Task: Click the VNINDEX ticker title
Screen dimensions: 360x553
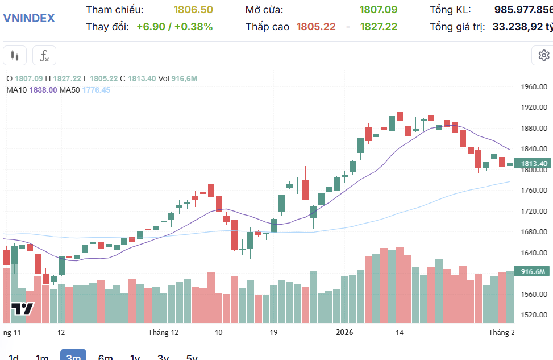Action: point(30,18)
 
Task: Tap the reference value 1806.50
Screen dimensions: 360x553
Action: point(193,10)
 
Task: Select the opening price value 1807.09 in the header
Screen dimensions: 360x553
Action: point(379,10)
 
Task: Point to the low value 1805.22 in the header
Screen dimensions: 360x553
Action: point(316,27)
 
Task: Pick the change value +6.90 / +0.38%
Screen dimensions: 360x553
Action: point(174,27)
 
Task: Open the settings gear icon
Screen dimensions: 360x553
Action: point(543,55)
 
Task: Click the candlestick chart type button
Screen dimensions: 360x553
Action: point(15,56)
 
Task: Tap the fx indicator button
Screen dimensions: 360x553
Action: point(44,56)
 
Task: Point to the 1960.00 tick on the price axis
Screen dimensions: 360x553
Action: point(534,87)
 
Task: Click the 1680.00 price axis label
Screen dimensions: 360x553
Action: point(534,232)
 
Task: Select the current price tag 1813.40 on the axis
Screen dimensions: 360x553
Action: point(534,164)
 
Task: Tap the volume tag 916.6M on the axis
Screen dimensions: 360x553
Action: point(533,271)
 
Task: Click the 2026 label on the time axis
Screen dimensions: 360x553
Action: point(345,333)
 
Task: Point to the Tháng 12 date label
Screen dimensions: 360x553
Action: point(163,333)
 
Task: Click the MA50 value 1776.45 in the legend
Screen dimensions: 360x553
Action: point(97,90)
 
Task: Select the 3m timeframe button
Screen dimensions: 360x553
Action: point(73,356)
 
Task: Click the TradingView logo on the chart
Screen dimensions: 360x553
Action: point(23,309)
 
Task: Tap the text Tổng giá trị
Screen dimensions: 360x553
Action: point(458,27)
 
